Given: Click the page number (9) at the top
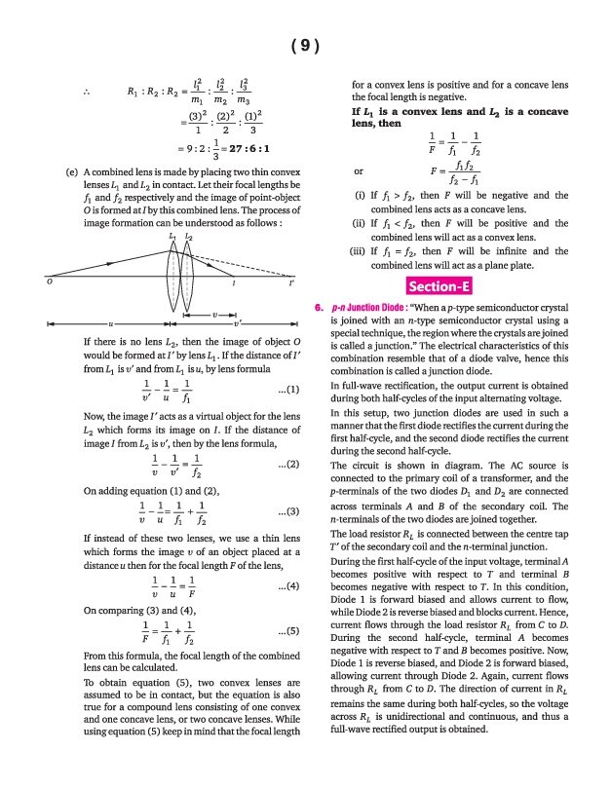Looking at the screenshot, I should [x=305, y=46].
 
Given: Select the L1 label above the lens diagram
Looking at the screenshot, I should [x=172, y=237].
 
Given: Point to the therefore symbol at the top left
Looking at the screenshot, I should [x=87, y=94].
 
